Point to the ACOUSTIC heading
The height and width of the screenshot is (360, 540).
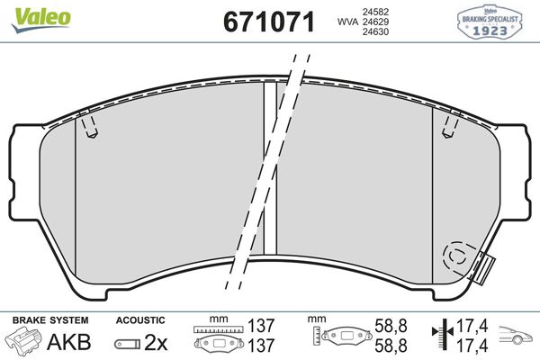click(x=140, y=319)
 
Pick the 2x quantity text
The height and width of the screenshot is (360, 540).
click(x=155, y=343)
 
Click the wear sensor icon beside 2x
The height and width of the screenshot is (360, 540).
click(x=128, y=344)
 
